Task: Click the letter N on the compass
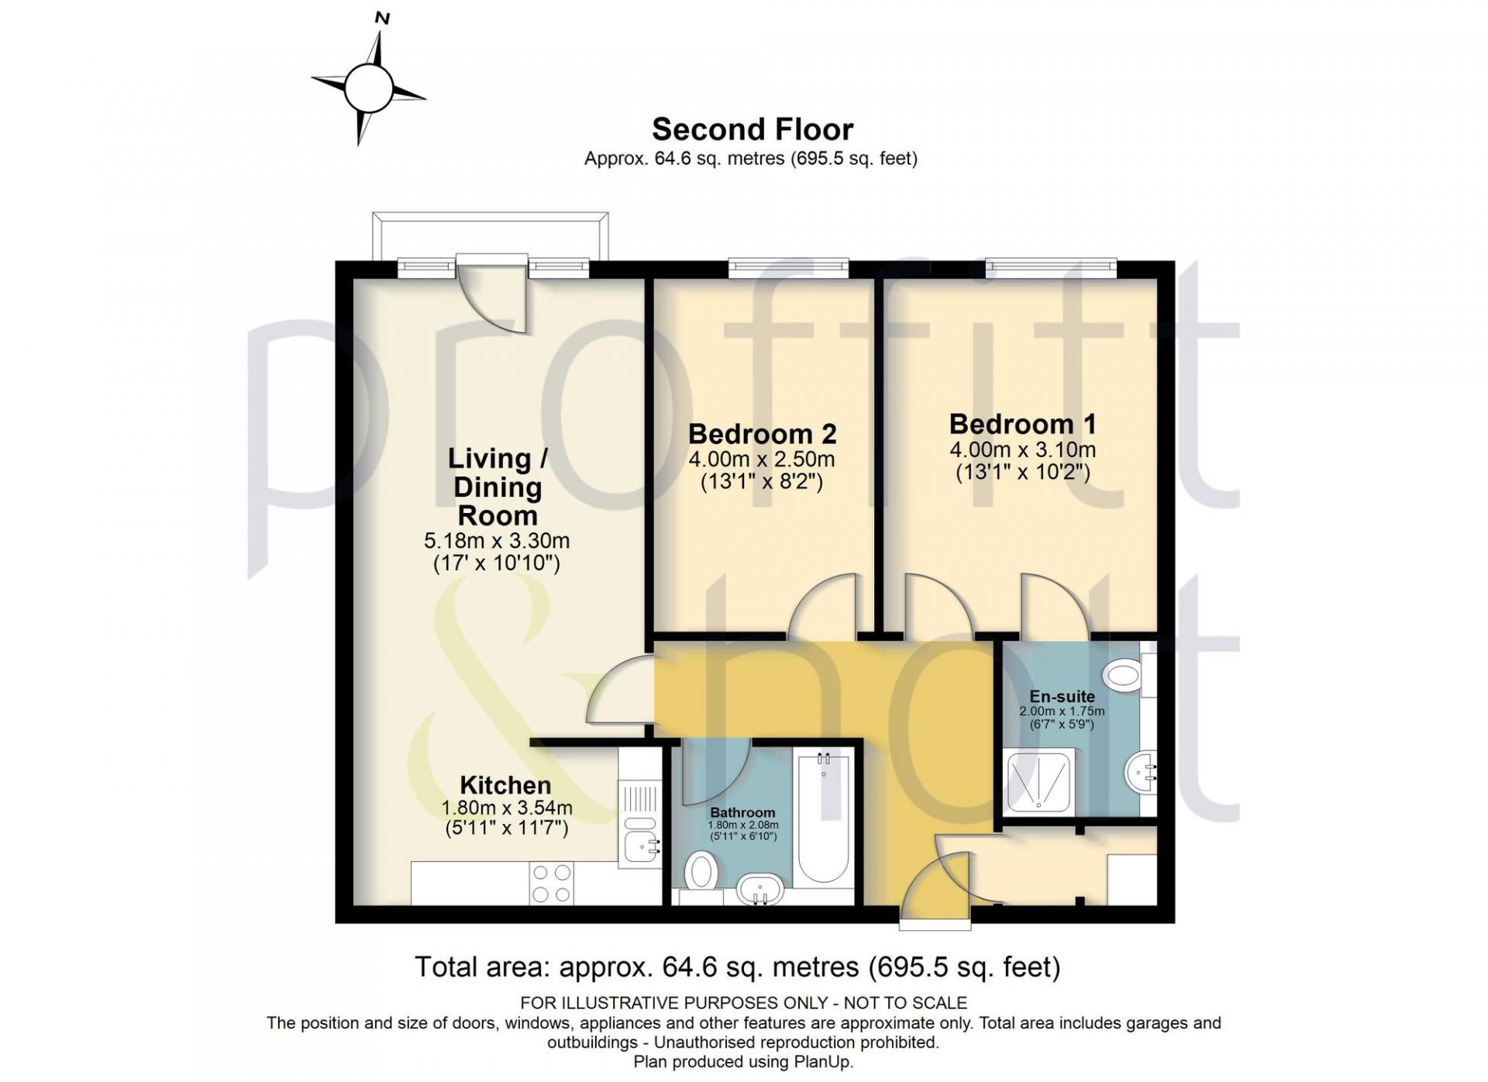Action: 381,17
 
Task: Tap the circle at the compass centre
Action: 369,88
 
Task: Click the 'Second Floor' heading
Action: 752,129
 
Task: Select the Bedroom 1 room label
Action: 1022,424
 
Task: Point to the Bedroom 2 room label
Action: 762,433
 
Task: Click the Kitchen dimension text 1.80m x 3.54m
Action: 507,808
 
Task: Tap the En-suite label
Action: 1062,696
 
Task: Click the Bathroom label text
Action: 742,812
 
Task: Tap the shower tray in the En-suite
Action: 1040,781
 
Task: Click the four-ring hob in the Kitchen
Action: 552,884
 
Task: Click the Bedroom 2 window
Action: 788,268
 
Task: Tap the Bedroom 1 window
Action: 1051,268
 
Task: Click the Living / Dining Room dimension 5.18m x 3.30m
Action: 497,541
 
